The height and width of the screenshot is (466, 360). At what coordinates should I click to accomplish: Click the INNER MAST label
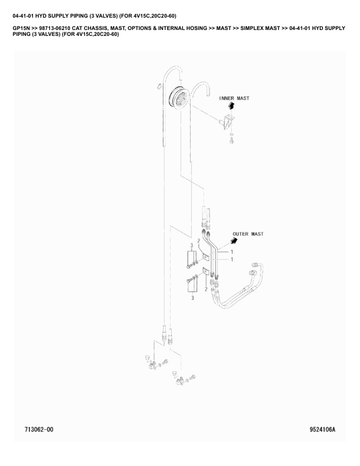click(x=234, y=98)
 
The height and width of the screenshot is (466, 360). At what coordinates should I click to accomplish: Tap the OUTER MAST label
click(x=248, y=234)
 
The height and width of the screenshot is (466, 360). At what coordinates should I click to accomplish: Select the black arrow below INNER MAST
click(x=231, y=106)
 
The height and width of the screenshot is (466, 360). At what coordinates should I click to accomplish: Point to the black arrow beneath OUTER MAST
click(x=235, y=241)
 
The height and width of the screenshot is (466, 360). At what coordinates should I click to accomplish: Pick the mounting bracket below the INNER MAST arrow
click(x=228, y=121)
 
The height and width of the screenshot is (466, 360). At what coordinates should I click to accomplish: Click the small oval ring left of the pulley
click(x=158, y=86)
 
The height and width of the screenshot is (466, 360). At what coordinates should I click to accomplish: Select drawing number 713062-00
click(x=39, y=430)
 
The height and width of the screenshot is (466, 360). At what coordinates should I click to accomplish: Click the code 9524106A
click(x=322, y=430)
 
